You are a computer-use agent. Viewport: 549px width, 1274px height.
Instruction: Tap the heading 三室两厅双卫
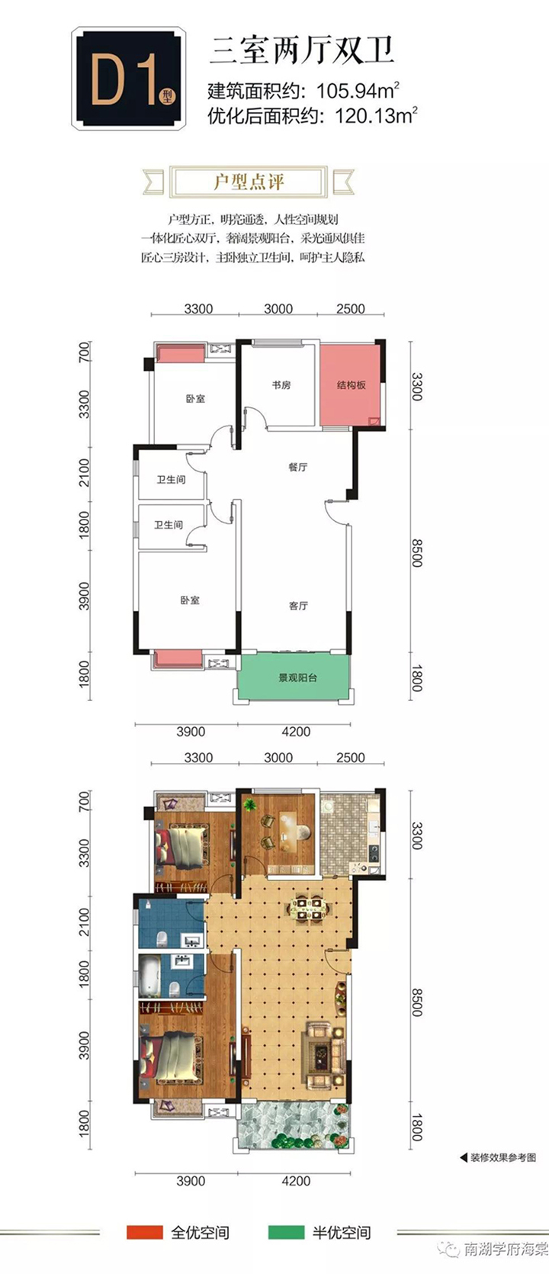tap(302, 50)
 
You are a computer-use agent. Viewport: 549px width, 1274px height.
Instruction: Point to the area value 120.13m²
tap(377, 115)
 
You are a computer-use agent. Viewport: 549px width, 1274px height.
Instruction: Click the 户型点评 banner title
tap(249, 182)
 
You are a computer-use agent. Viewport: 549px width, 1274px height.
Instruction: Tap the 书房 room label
tap(281, 385)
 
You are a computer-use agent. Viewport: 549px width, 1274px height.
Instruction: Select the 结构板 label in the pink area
tap(351, 385)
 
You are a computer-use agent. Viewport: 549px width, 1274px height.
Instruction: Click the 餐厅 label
tap(298, 467)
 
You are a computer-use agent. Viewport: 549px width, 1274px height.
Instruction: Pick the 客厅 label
tap(298, 606)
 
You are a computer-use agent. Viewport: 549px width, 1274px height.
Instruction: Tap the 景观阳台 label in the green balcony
tap(297, 678)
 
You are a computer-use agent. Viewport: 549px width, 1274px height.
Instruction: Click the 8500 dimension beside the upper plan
tap(416, 552)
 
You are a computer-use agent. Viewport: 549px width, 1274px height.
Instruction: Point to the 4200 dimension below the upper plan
tap(296, 732)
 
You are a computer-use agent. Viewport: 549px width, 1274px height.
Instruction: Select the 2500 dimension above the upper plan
tap(351, 309)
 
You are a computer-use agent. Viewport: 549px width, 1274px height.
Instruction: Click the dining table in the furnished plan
tap(310, 909)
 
